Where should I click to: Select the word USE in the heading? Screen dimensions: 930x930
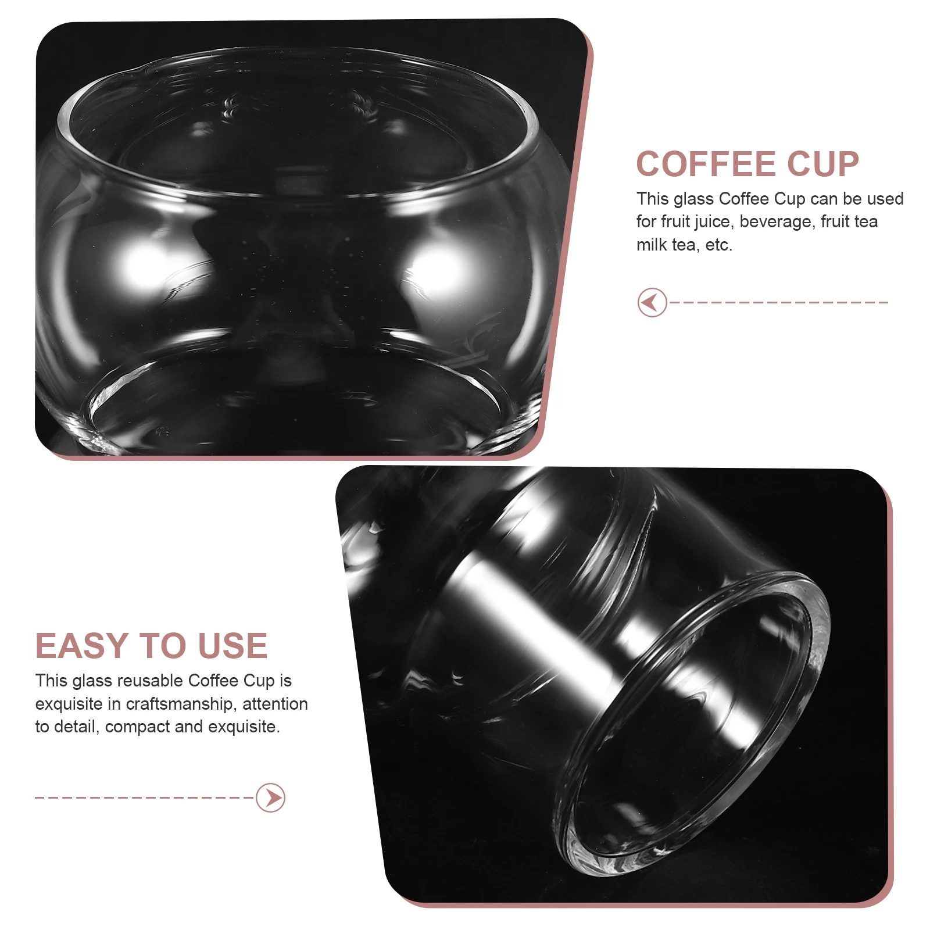233,646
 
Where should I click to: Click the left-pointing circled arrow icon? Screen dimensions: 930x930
652,302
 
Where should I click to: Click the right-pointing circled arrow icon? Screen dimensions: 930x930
271,797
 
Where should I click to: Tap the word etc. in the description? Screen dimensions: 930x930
718,245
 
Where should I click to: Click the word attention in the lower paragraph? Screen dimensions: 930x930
275,704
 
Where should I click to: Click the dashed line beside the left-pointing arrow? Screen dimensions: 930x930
779,302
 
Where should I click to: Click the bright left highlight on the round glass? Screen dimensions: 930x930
142,264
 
